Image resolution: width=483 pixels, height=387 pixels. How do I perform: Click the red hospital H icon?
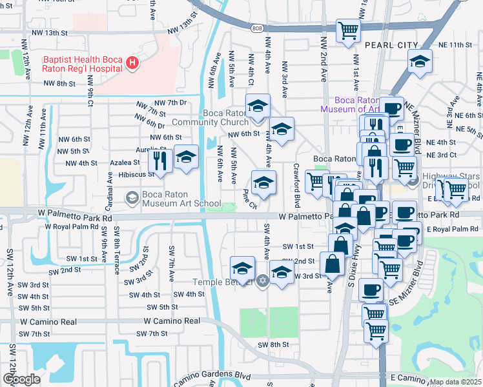pos(132,63)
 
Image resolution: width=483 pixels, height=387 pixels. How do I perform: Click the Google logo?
pos(21,379)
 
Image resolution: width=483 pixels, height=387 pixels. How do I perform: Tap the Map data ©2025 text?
pos(455,382)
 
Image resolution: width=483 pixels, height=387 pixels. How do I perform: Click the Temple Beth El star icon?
pos(262,281)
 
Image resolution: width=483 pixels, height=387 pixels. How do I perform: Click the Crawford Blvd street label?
pos(298,183)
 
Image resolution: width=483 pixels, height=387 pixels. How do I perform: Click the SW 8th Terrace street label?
pos(117,255)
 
